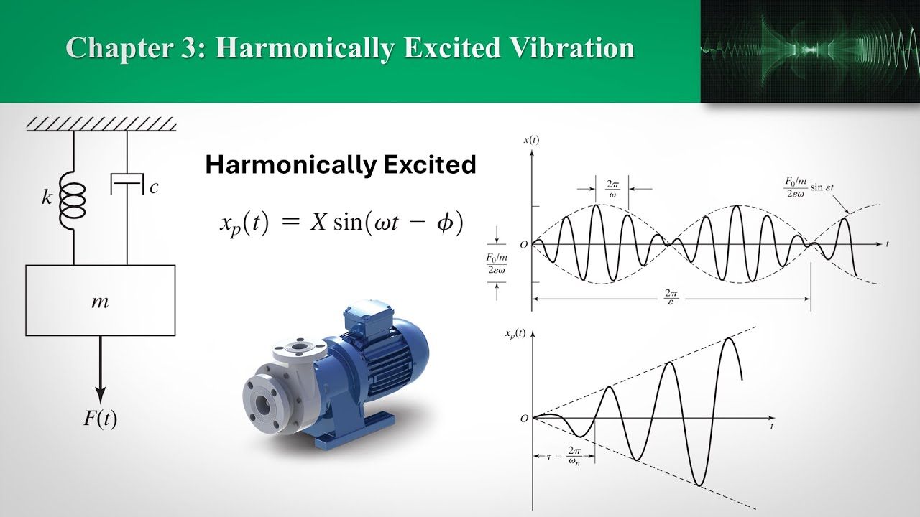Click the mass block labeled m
click(100, 300)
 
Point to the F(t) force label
click(100, 419)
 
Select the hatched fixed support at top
click(101, 124)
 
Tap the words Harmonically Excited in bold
click(341, 165)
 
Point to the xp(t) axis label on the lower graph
click(515, 333)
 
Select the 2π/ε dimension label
click(671, 296)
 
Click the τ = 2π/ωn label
click(563, 455)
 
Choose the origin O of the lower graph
click(524, 419)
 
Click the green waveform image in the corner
click(810, 51)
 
